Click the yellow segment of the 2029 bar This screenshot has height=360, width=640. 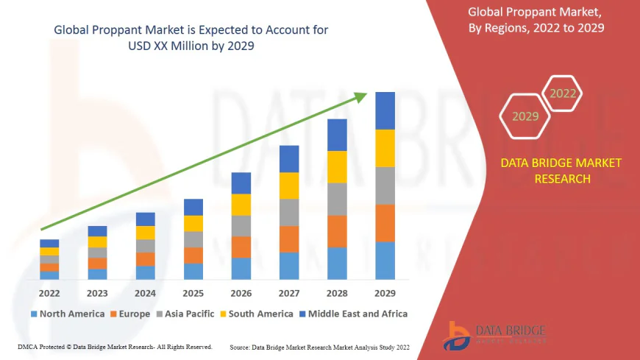tap(385, 148)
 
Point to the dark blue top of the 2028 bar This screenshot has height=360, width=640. tap(337, 135)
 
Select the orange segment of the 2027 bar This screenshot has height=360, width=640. tap(289, 239)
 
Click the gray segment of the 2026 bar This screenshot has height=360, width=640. tap(241, 225)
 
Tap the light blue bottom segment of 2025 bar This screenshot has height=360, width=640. tap(193, 272)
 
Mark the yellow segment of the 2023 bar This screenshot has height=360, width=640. tap(97, 241)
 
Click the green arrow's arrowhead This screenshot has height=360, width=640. tap(360, 96)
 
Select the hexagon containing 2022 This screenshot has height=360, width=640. tap(563, 93)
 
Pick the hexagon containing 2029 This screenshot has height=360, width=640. tap(525, 116)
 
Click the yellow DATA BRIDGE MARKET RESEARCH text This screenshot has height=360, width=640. tap(561, 170)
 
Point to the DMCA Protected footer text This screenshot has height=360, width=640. tap(115, 346)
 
